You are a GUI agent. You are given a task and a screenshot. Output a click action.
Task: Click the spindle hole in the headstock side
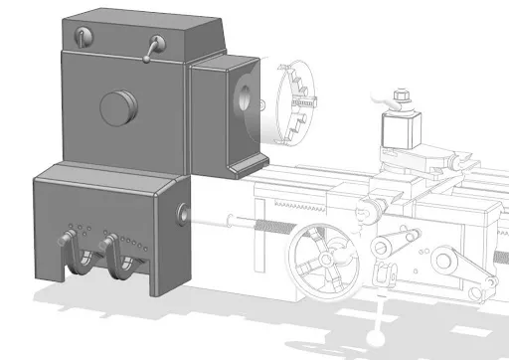[x=245, y=97]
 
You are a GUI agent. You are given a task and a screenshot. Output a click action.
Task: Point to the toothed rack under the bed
[x=318, y=204]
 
